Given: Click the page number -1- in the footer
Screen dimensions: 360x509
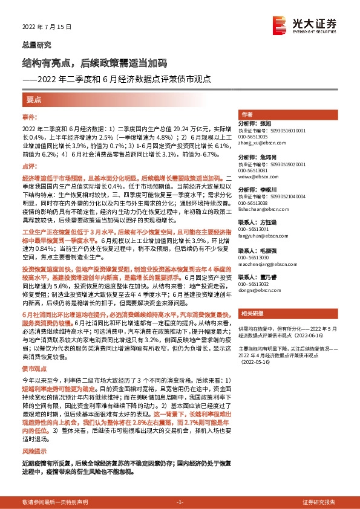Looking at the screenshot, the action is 180,502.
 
